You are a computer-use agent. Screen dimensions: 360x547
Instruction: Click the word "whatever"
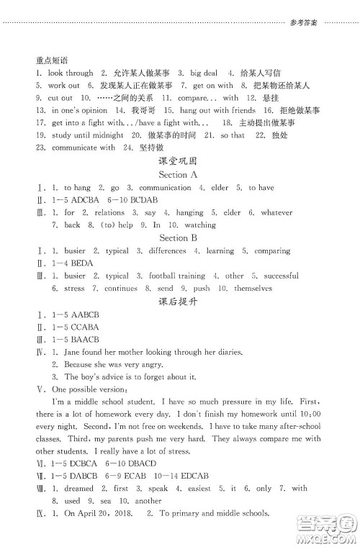click(x=277, y=213)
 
